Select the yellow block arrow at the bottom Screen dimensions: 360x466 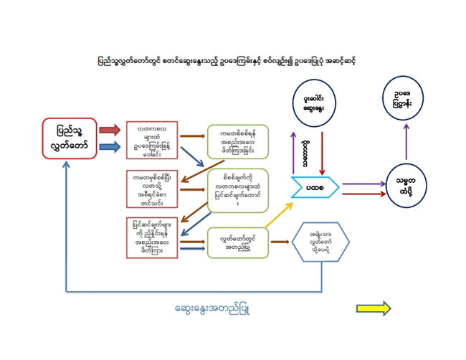(374, 308)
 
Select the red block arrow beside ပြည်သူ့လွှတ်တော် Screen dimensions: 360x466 (109, 130)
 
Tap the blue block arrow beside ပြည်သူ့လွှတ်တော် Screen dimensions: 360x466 (109, 146)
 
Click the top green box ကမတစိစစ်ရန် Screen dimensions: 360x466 (237, 140)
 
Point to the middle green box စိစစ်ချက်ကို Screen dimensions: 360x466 (237, 189)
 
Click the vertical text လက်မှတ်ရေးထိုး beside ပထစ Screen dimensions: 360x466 (306, 150)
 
